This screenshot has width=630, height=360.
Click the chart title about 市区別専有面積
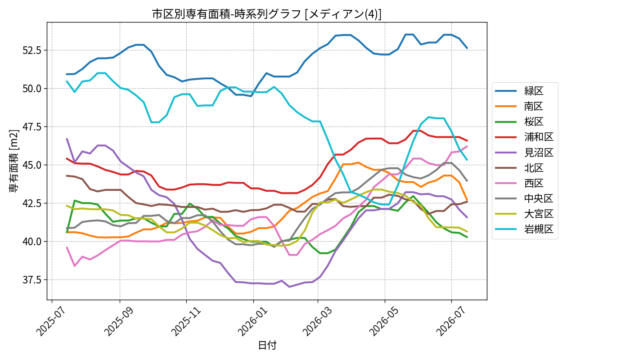[x=266, y=14]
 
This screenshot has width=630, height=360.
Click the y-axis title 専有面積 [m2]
[x=13, y=161]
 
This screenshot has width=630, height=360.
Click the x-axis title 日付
[x=267, y=345]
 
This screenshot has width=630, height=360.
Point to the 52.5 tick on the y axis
[x=32, y=50]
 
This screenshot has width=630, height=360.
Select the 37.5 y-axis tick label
[x=32, y=280]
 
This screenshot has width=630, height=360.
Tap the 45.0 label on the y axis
[x=32, y=165]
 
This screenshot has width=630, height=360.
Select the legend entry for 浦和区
[x=524, y=137]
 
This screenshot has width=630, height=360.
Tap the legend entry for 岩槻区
[x=524, y=229]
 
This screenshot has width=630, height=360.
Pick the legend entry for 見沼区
[x=524, y=153]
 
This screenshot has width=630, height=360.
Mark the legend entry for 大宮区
[x=524, y=214]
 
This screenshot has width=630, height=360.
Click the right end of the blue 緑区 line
[x=467, y=49]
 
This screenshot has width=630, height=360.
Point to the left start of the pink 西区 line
[x=67, y=247]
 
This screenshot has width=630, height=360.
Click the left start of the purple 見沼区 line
[x=67, y=139]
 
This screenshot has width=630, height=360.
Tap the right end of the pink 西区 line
[x=467, y=146]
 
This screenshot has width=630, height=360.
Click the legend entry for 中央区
[x=524, y=198]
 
